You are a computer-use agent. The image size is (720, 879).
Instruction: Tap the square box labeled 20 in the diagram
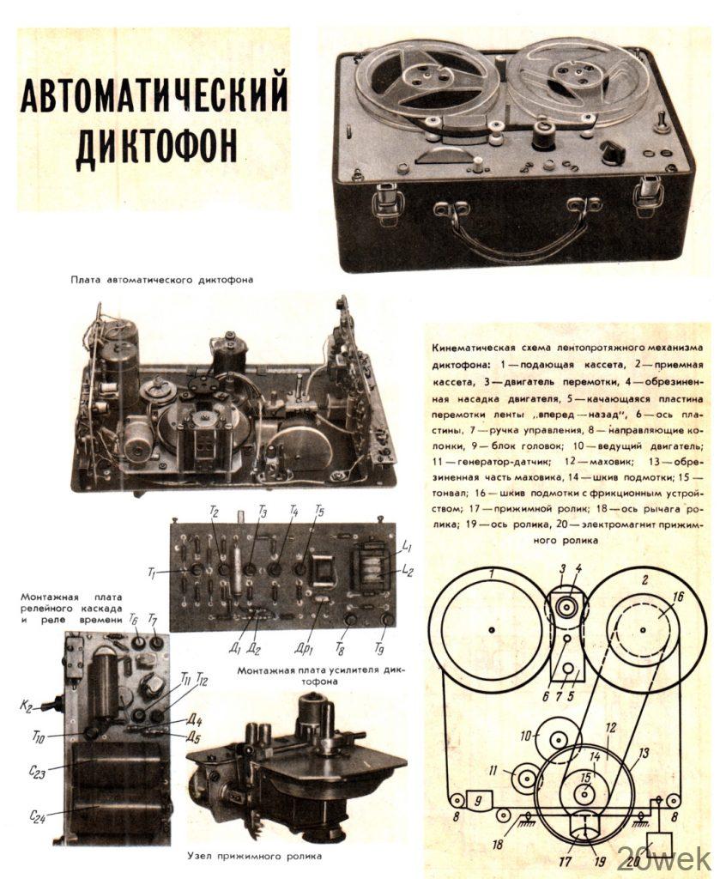tap(660, 846)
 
